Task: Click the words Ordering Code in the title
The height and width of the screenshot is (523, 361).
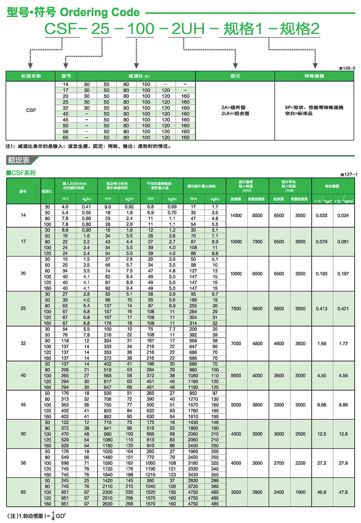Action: point(100,12)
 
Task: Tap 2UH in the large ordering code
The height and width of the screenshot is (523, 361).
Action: point(188,29)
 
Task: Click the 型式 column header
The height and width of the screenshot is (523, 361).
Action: point(235,76)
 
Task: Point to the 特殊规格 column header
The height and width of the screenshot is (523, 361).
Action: point(314,76)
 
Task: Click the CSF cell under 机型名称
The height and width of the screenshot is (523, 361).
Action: point(31,110)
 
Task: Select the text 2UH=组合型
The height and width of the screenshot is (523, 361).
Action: point(235,113)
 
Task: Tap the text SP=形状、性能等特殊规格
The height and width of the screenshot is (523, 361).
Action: point(314,107)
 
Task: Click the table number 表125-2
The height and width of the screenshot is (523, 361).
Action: point(347,68)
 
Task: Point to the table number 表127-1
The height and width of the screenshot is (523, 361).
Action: point(348,174)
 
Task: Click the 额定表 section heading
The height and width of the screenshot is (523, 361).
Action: point(19,160)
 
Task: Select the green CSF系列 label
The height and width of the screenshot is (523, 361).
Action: point(21,173)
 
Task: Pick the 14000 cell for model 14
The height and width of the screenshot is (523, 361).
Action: point(236,216)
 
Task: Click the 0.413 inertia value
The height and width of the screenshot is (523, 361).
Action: point(322,309)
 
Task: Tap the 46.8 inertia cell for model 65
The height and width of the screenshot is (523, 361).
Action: point(322,492)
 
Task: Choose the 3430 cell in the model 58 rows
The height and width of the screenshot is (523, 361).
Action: point(193,475)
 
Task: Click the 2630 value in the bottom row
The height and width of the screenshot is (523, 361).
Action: point(108,504)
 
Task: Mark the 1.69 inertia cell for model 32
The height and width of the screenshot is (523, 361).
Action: point(322,343)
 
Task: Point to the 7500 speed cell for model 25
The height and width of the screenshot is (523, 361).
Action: point(236,309)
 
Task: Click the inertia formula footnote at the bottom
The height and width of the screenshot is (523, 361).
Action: point(36,516)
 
